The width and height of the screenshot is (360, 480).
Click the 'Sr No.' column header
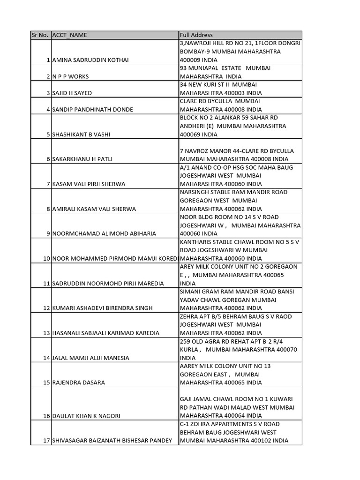pos(40,35)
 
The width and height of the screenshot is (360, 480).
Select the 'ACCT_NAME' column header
pos(69,35)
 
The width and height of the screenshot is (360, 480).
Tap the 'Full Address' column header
pos(196,35)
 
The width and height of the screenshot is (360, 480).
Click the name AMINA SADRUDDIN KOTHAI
pos(90,60)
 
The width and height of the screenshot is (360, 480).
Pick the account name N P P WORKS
pos(70,76)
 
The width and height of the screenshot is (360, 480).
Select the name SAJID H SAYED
pos(72,93)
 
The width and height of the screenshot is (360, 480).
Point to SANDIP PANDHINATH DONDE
pos(92,110)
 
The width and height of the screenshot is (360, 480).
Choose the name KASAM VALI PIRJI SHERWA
pos(89,184)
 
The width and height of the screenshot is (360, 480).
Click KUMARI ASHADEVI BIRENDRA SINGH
pos(102,308)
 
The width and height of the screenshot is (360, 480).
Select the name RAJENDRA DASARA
pos(78,383)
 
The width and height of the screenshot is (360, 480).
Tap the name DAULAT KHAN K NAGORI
pos(86,416)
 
